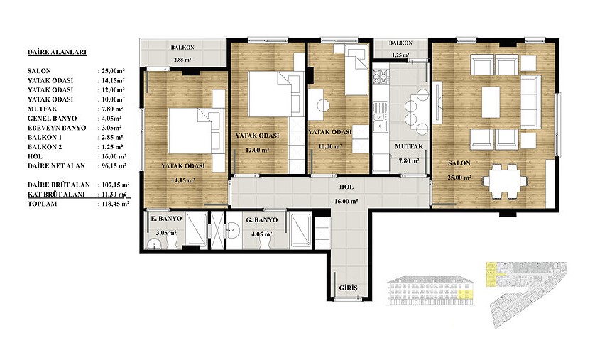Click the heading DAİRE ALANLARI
click(x=57, y=53)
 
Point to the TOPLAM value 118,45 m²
click(x=115, y=204)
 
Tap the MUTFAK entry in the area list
click(x=42, y=109)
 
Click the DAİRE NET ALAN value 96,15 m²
click(x=114, y=166)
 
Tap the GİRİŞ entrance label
click(x=348, y=288)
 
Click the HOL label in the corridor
click(x=346, y=187)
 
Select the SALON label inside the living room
click(x=459, y=163)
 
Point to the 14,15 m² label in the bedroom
click(x=183, y=180)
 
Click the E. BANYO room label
click(x=166, y=219)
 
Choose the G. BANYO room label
click(x=261, y=220)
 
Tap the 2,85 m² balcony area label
click(x=182, y=60)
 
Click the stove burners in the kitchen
click(x=381, y=77)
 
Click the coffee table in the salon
click(x=491, y=102)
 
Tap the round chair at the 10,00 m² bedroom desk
click(x=323, y=105)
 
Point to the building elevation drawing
click(x=430, y=290)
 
